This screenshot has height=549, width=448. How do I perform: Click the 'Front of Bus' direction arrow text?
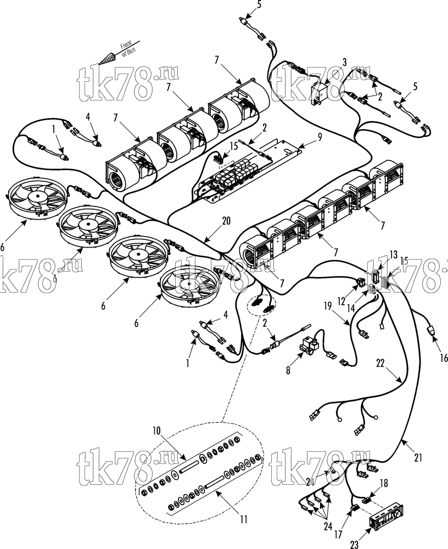[x=128, y=48]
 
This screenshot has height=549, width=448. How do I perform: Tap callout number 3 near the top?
[x=344, y=63]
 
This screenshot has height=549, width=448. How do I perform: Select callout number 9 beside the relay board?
[x=319, y=137]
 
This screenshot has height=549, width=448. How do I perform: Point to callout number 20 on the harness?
[x=226, y=221]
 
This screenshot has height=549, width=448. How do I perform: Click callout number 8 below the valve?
[x=288, y=371]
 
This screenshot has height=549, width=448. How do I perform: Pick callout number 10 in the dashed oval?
[x=156, y=430]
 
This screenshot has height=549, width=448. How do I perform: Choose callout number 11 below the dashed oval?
[x=244, y=519]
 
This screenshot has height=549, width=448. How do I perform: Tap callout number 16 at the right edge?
[x=444, y=358]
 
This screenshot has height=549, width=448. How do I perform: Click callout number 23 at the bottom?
[x=355, y=544]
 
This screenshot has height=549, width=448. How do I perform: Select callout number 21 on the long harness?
[x=418, y=457]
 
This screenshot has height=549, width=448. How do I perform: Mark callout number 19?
[x=328, y=307]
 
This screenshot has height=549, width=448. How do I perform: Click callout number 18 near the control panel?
[x=384, y=483]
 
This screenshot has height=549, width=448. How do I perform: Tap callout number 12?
[x=341, y=301]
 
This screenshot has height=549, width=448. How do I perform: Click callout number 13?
[x=394, y=254]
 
